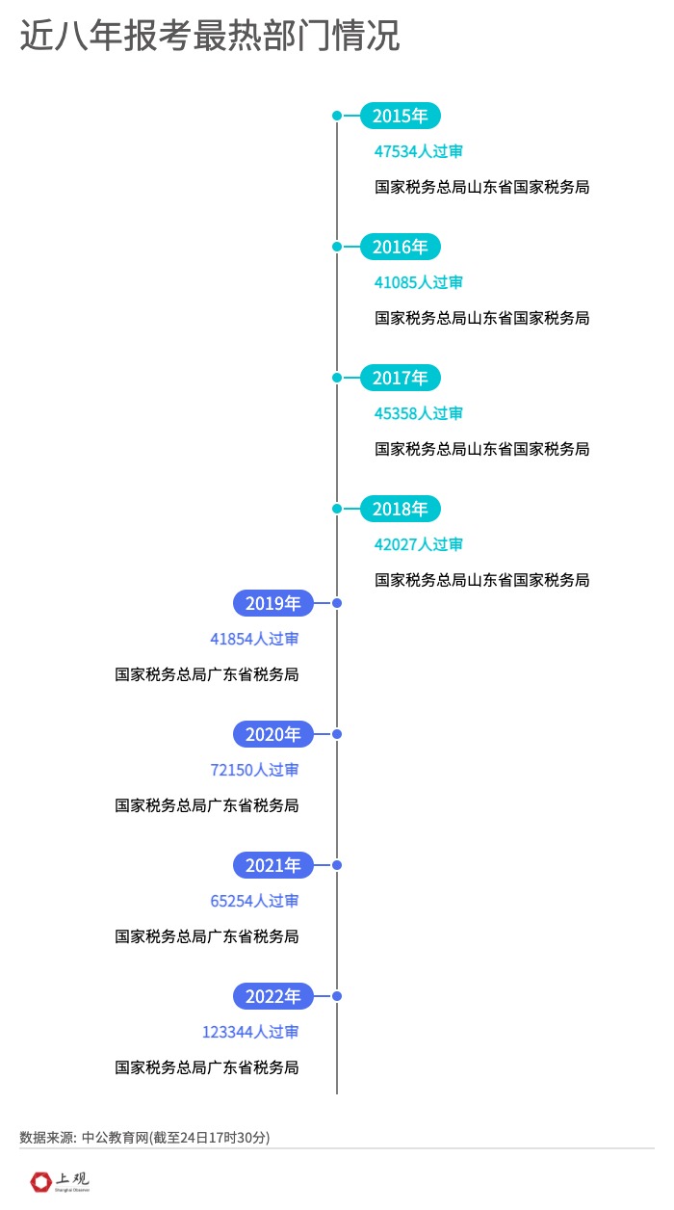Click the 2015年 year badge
coord(400,116)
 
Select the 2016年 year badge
coord(400,247)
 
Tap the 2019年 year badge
coord(273,603)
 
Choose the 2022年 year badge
coord(273,996)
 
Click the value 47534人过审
coord(419,151)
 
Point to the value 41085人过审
coord(419,282)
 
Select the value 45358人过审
coord(419,413)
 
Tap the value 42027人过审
coord(419,544)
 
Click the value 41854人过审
coord(254,639)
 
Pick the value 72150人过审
coord(254,770)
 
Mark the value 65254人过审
coord(254,901)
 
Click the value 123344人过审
coord(250,1032)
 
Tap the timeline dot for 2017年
coord(337,378)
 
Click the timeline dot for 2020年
coord(337,734)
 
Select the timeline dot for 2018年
coord(337,509)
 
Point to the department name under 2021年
coord(207,936)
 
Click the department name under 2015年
coord(481,187)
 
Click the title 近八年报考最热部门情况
coord(210,37)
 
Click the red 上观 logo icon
coord(41,1180)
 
